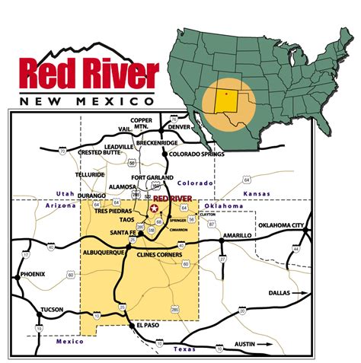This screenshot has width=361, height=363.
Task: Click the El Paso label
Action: click(149, 325)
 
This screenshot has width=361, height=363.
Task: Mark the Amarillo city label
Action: click(236, 237)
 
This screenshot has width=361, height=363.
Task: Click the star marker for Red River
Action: click(155, 207)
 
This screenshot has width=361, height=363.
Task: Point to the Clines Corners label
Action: click(159, 254)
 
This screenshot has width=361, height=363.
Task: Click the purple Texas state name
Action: click(185, 349)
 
